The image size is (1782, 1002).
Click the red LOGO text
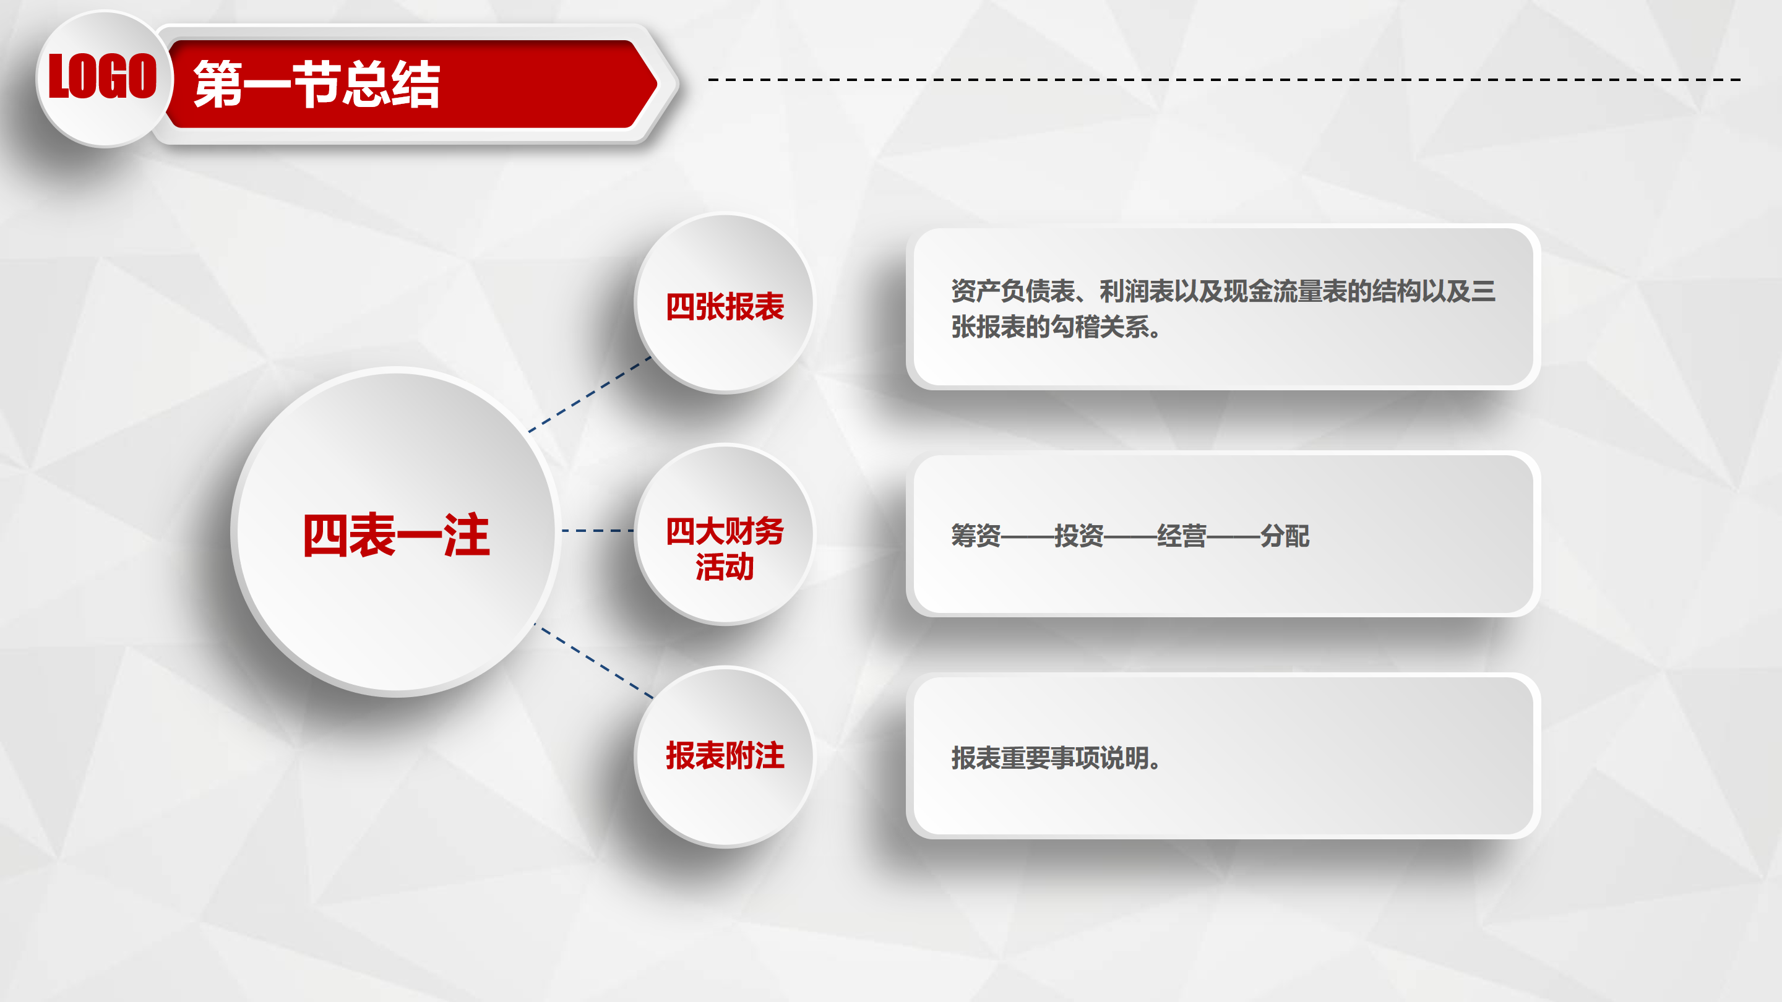(102, 76)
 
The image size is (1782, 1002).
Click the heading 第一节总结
(317, 84)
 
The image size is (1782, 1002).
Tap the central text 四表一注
(397, 534)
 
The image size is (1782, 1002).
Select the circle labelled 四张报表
(725, 304)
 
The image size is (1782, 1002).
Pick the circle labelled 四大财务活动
(725, 534)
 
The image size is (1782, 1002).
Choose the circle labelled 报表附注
(725, 756)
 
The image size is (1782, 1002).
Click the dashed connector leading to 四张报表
(590, 394)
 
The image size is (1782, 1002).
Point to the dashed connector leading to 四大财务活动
(598, 531)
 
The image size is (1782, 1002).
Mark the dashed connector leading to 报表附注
(593, 661)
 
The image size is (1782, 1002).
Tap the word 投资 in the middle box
(1079, 536)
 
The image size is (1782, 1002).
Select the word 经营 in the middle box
(1182, 536)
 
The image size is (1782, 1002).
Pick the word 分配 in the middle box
(1285, 536)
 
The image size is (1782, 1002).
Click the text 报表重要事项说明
(1049, 758)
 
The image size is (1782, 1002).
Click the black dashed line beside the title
(1225, 80)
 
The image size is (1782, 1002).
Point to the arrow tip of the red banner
(656, 84)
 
